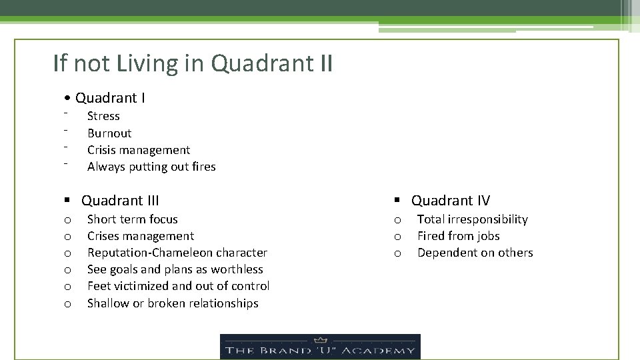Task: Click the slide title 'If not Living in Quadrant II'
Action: [x=193, y=64]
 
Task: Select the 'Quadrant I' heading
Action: [x=110, y=98]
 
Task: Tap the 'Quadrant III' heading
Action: [x=120, y=200]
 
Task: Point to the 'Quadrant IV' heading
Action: [x=450, y=200]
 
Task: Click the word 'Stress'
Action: [x=103, y=116]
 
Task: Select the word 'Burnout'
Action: [x=109, y=133]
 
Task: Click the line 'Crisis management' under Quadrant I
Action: [x=139, y=150]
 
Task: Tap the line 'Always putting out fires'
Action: [x=151, y=167]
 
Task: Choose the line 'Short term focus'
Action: [x=133, y=219]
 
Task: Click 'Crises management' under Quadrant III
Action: [x=141, y=236]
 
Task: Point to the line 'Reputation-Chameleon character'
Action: [x=177, y=253]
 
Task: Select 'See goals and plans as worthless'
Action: [x=175, y=269]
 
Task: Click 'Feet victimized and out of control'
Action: [x=179, y=286]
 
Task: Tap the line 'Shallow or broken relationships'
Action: [x=173, y=303]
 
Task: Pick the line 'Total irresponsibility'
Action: [x=472, y=219]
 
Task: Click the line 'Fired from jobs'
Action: [x=458, y=236]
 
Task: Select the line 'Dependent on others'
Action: [x=475, y=253]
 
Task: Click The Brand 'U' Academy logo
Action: [x=320, y=347]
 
